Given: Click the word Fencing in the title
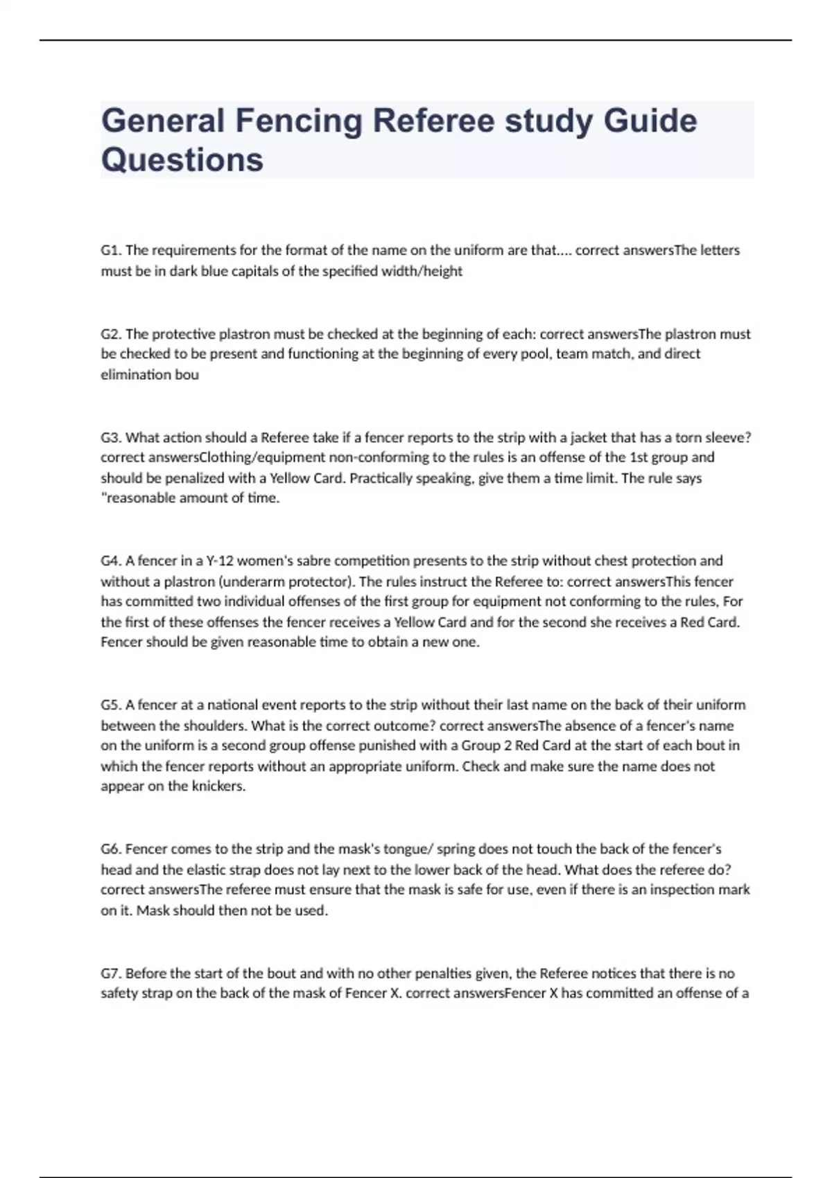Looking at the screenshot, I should click(298, 121).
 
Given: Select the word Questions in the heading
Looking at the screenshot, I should click(182, 159).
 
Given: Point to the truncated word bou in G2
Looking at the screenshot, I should click(187, 375).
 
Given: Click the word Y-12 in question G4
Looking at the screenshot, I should click(222, 561).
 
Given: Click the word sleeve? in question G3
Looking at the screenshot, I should click(728, 437).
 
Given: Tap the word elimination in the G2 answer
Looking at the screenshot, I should click(135, 375).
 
